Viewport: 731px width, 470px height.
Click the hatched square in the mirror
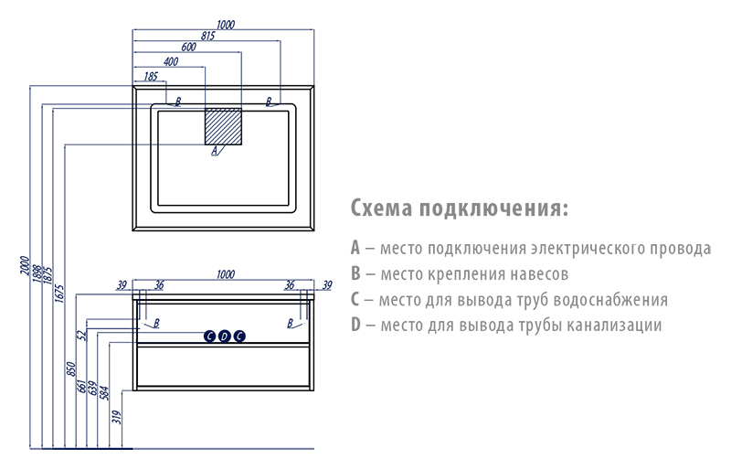pos(223,126)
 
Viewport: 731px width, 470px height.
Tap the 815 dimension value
pos(208,36)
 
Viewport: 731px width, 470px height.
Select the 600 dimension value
pos(188,48)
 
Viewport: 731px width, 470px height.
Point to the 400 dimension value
pos(171,61)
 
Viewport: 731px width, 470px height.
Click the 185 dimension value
pos(151,77)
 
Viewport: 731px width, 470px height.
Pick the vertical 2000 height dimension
pos(25,265)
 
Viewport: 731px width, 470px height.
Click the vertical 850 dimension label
pos(70,369)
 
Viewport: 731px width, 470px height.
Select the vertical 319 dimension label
pos(117,417)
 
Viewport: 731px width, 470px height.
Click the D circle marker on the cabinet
pos(225,336)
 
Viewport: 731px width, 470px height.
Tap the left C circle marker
pos(210,336)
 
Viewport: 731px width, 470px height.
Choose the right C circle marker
pos(239,336)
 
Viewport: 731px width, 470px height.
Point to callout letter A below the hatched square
pos(215,150)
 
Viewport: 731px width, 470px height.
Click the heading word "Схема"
pos(382,208)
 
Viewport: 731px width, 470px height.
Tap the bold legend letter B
pos(355,273)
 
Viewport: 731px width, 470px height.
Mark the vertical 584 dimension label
pos(104,393)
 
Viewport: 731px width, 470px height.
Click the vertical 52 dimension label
pos(82,336)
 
